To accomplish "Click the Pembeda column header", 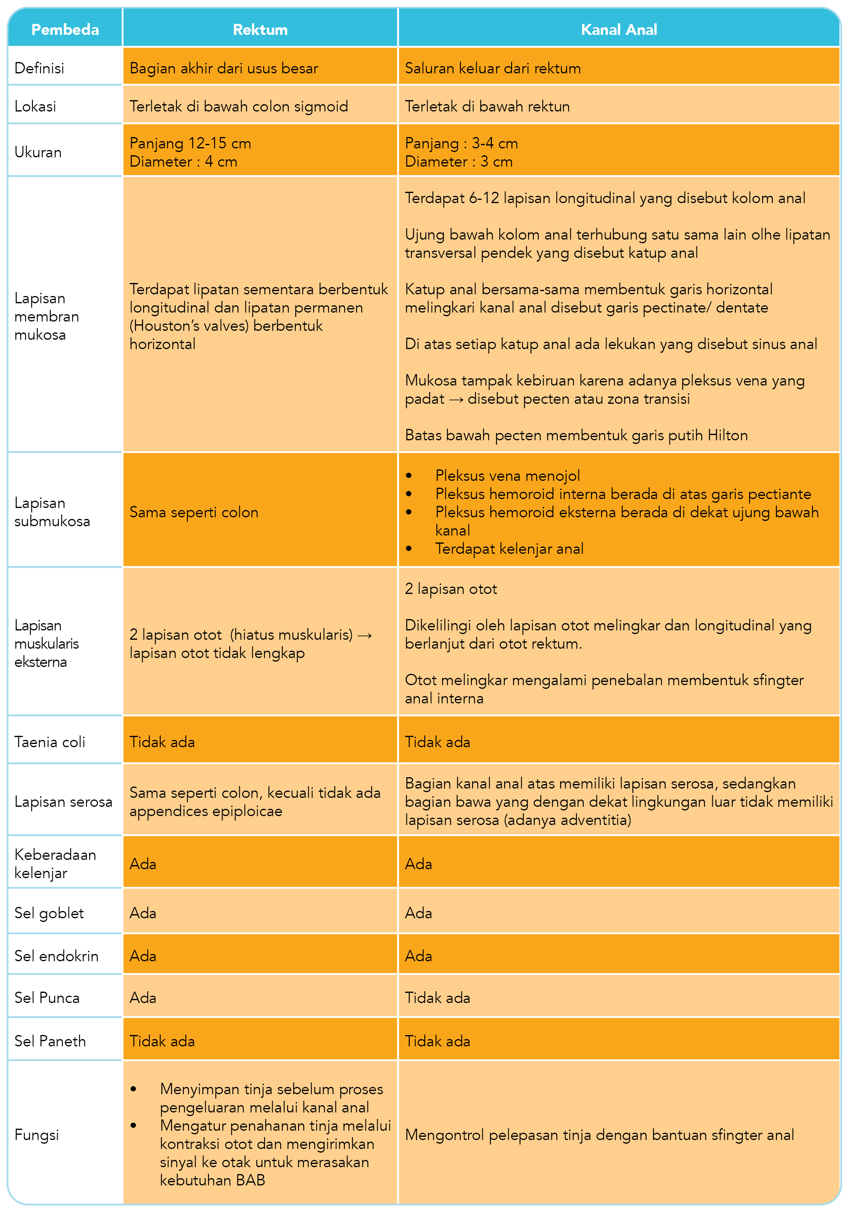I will [65, 30].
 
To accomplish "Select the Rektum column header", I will [260, 30].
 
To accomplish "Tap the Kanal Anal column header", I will [619, 30].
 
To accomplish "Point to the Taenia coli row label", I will [50, 742].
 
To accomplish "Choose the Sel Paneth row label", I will [50, 1041].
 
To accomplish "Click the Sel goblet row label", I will [49, 913].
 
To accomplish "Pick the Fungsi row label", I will [37, 1134].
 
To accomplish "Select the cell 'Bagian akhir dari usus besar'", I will [224, 68].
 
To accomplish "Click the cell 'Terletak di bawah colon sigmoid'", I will [239, 106].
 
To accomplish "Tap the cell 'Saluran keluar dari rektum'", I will [493, 68].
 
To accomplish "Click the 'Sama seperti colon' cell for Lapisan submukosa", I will [194, 512].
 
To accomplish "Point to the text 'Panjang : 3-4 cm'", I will [461, 143].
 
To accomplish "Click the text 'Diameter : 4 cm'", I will [183, 162].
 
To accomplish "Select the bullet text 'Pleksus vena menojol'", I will [507, 476].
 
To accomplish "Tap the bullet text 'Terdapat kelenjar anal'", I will [509, 549].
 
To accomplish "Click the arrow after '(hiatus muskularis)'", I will [365, 635].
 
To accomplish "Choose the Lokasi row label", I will [35, 106].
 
